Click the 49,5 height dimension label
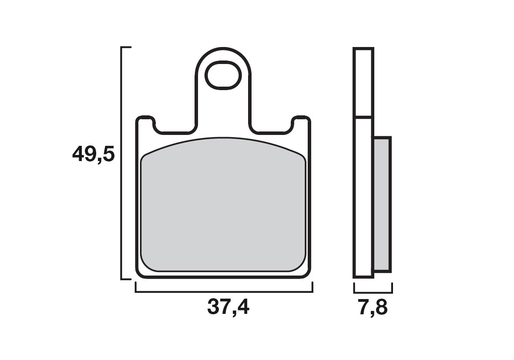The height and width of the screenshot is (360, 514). (x=93, y=155)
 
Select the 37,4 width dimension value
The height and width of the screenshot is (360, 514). (x=228, y=307)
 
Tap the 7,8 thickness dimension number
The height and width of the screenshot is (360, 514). (x=373, y=308)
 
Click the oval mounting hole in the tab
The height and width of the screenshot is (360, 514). (x=223, y=75)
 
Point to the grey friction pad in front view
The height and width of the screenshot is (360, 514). (x=223, y=207)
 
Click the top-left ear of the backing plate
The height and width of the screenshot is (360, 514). (x=145, y=120)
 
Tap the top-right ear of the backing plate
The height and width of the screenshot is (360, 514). (x=301, y=120)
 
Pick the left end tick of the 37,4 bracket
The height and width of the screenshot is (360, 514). (x=136, y=287)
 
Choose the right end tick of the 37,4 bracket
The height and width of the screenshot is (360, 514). (x=312, y=287)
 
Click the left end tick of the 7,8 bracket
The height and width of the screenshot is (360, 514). (x=354, y=288)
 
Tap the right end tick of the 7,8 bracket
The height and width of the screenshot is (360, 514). (x=392, y=288)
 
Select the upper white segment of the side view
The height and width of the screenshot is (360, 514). (x=363, y=83)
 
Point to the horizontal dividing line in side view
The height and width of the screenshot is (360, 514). (x=363, y=117)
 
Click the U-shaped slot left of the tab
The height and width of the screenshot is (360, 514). (x=174, y=128)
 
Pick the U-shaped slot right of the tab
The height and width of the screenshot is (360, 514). (x=272, y=128)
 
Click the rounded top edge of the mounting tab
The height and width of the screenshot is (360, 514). (x=223, y=49)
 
